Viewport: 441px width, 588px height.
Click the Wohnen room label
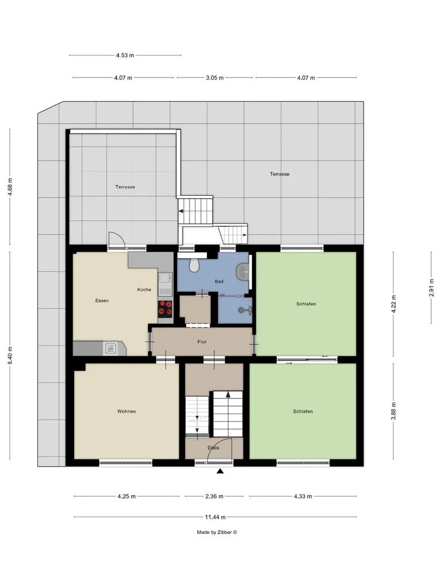point(126,411)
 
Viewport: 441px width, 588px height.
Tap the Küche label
point(144,289)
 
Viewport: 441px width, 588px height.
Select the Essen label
point(102,301)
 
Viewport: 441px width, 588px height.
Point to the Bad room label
point(219,281)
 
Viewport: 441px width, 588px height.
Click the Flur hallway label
point(202,342)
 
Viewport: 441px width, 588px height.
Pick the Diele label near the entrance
point(214,448)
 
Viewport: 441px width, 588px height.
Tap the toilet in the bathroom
point(194,265)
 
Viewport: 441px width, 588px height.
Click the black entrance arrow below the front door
point(220,471)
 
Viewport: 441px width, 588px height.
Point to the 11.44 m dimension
point(215,517)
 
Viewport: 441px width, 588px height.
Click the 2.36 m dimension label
point(214,496)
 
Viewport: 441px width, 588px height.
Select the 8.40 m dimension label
point(10,355)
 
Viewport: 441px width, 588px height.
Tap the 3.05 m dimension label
point(215,78)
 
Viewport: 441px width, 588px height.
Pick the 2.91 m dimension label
point(431,288)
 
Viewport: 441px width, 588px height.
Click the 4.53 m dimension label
point(125,56)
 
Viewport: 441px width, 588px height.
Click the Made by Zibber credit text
point(217,532)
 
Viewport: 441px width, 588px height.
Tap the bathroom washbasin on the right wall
point(243,271)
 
